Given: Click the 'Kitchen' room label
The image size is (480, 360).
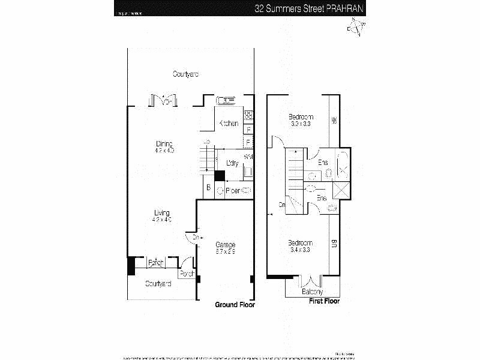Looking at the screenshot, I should pos(228,123).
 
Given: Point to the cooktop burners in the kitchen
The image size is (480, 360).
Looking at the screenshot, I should pos(248,115).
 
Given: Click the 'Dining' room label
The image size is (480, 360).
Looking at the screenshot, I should pos(164,143).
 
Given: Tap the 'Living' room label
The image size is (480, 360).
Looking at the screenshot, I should pos(161,212).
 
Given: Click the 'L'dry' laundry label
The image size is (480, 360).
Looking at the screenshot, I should pos(232,163).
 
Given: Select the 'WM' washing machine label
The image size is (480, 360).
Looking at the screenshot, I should pos(248,157).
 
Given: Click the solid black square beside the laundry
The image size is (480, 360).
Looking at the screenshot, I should pos(220,175).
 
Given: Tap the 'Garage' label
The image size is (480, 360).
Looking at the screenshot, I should pos(225,244).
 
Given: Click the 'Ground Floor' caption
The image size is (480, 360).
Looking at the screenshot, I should pos(235,305).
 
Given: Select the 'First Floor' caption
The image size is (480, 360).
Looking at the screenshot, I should pos(323,301).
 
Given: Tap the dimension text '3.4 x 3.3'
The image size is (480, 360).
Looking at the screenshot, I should pos(299,249).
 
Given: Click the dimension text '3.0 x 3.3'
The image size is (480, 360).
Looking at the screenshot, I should pos(300,124).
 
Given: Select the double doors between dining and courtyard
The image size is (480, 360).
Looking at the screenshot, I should pos(163,100).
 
